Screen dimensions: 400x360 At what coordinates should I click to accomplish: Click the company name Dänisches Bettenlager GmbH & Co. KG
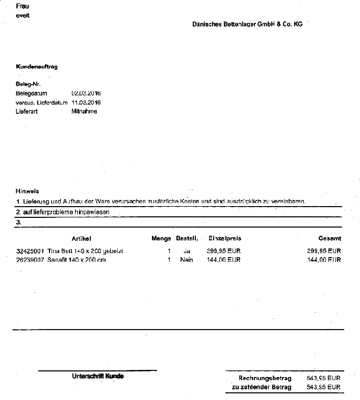click(247, 24)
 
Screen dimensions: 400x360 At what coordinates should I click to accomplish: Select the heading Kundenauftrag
click(37, 67)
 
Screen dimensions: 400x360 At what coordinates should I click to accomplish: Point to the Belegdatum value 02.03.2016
click(87, 93)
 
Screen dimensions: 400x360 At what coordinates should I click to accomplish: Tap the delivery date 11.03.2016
click(87, 103)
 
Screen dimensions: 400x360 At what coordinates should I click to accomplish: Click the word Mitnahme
click(85, 111)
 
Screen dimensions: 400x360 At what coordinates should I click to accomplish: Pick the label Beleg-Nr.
click(28, 84)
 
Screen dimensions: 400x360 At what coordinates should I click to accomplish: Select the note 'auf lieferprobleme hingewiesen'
click(63, 212)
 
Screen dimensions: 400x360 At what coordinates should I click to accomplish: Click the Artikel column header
click(81, 238)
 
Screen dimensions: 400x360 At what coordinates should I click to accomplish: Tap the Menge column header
click(161, 238)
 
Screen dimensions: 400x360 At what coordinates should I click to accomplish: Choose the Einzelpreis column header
click(224, 238)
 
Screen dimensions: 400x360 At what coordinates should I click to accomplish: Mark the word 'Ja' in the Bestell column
click(186, 251)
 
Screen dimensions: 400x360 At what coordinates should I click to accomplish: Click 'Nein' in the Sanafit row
click(187, 260)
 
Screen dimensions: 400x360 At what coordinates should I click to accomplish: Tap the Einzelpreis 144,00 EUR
click(224, 260)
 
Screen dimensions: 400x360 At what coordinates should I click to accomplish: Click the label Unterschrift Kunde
click(98, 377)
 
